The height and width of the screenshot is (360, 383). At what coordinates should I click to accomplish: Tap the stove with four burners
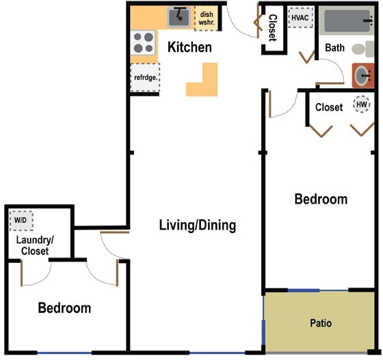[143, 43]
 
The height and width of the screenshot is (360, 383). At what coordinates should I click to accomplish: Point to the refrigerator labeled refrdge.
[145, 77]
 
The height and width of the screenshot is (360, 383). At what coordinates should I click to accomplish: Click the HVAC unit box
[300, 17]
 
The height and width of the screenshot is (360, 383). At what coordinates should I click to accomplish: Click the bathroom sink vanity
[363, 75]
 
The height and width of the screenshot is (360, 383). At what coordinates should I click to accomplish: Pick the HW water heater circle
[360, 105]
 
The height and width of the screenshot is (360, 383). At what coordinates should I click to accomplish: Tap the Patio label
[321, 323]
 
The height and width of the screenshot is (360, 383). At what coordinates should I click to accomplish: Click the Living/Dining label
[198, 225]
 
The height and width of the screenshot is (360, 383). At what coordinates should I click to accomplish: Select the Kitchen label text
[189, 48]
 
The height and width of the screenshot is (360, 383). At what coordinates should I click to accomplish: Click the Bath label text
[334, 48]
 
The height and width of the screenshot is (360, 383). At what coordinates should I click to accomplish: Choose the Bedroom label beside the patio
[321, 199]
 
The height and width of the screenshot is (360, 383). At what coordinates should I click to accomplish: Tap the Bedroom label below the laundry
[64, 308]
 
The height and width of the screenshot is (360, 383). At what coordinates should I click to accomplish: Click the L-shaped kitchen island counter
[201, 81]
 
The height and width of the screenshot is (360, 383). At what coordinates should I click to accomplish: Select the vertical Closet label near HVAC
[272, 28]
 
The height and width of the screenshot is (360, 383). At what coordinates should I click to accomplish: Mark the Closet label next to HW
[329, 107]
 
